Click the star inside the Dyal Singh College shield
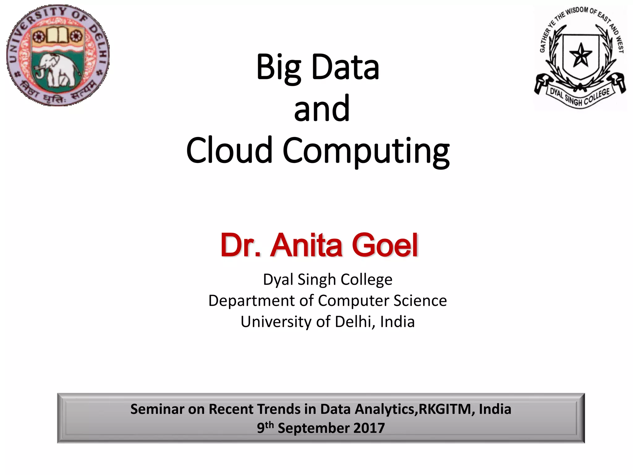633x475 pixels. tap(581, 56)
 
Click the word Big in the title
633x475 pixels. tap(278, 67)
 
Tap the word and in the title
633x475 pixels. tap(322, 109)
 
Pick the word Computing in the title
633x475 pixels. tap(366, 151)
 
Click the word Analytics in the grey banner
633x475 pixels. tap(386, 409)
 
